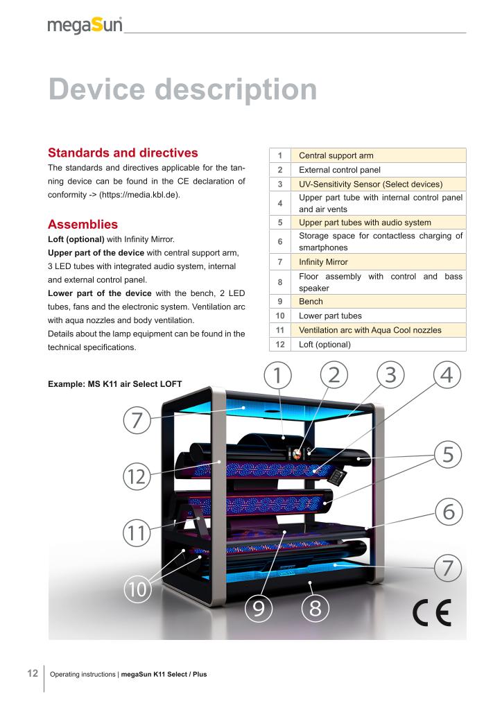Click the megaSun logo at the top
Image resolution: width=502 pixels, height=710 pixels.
(85, 26)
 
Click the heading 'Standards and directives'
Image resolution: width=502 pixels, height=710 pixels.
(123, 153)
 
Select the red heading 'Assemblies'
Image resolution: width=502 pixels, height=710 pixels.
(83, 225)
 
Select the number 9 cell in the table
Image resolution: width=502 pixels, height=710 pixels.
(279, 302)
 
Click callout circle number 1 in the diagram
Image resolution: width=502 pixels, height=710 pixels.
(277, 375)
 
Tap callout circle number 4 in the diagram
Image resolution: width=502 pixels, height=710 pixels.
(447, 375)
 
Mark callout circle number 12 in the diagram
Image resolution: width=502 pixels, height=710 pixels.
(137, 477)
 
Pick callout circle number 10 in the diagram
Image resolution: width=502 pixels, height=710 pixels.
(139, 589)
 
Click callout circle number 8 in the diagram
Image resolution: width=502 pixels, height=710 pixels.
(315, 608)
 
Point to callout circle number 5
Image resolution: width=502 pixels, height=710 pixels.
(448, 455)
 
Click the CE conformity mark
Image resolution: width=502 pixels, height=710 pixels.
(431, 612)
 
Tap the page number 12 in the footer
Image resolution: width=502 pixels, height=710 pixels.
(32, 673)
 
